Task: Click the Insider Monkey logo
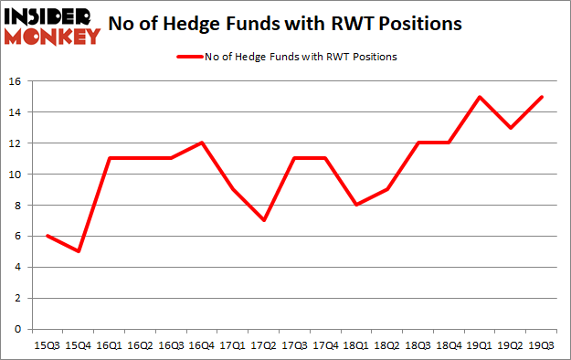[x=52, y=26]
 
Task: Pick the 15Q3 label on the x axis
[x=46, y=345]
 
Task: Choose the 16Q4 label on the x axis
[x=200, y=345]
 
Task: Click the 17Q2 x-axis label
[x=264, y=345]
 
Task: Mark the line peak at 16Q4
[x=200, y=143]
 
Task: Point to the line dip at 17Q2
[x=264, y=220]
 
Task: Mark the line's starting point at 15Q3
[x=46, y=236]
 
